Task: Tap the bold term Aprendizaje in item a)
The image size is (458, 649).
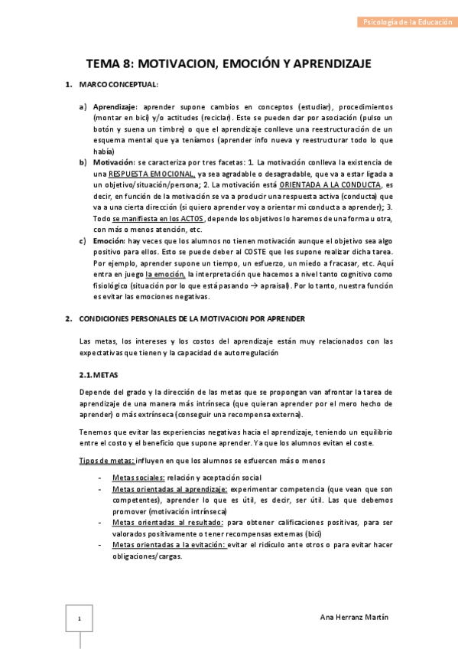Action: click(115, 108)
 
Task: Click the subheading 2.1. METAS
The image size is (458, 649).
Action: click(99, 376)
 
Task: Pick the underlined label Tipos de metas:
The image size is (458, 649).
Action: click(107, 460)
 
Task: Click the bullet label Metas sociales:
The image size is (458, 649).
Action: click(138, 477)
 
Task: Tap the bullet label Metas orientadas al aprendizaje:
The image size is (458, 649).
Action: click(169, 488)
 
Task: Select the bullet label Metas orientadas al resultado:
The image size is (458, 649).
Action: click(167, 522)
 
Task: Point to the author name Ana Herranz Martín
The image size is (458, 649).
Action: click(352, 617)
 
